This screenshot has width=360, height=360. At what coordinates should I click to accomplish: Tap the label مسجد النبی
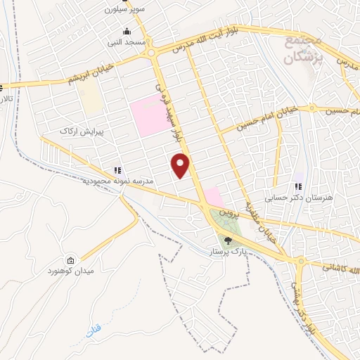click(127, 43)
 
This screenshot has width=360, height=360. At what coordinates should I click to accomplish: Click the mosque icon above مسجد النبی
click(127, 32)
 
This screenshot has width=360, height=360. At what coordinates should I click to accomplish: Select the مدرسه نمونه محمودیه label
click(117, 181)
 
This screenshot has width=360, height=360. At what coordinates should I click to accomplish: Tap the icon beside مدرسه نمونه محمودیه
click(117, 169)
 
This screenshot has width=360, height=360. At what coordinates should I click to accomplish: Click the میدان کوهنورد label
click(70, 271)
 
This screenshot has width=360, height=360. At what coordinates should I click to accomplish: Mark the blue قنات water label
click(94, 329)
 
